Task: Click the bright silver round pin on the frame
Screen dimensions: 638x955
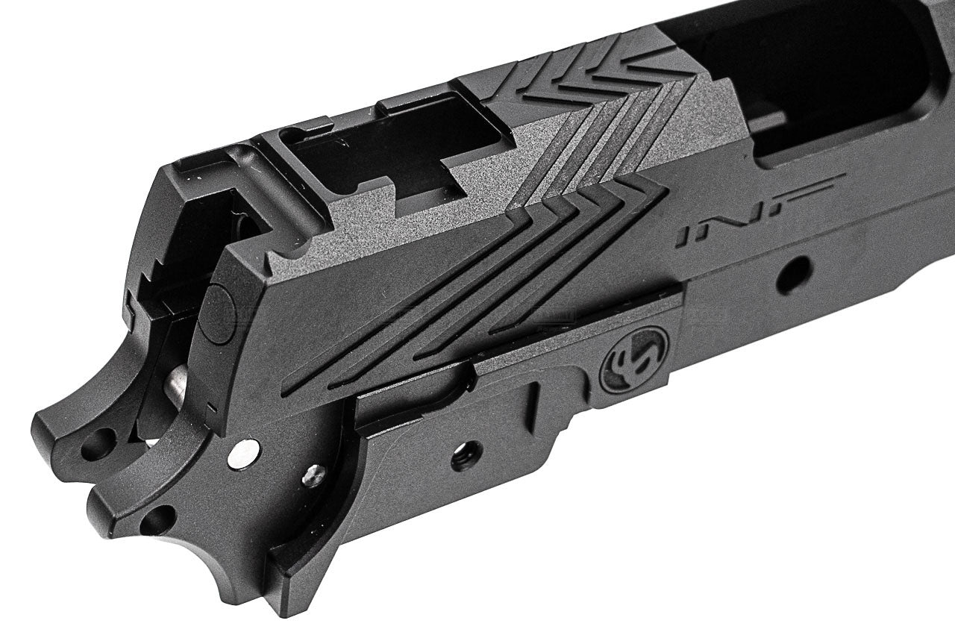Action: [x=245, y=451]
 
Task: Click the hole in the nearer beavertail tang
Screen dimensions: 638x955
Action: [x=159, y=519]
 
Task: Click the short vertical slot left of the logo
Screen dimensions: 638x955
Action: [x=533, y=404]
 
